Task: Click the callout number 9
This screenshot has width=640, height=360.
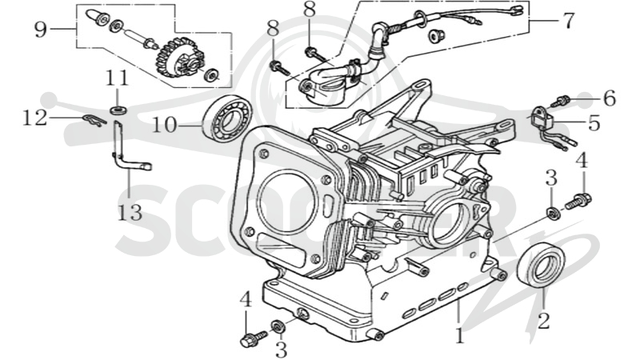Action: coord(41,30)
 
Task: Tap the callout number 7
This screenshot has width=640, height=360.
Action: coord(569,21)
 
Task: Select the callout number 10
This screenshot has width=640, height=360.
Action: coord(165,125)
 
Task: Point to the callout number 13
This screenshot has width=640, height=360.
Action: coord(130,213)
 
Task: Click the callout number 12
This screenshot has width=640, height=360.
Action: coord(35,118)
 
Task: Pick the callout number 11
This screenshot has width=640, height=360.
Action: coord(118,78)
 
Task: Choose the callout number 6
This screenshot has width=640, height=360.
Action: coord(610,98)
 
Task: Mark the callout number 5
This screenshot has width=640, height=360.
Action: coord(594,123)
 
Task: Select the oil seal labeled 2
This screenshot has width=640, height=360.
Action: coord(541,264)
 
